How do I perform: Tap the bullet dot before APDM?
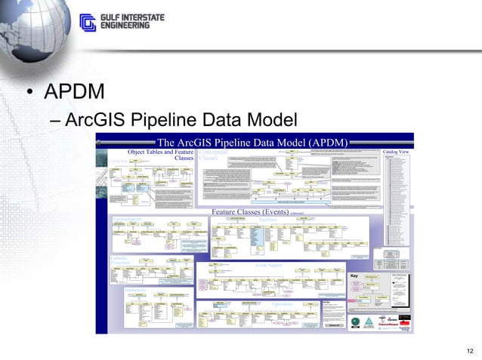(29, 94)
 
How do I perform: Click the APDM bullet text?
(74, 93)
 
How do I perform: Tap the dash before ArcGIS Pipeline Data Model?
(53, 120)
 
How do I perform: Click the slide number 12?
(471, 349)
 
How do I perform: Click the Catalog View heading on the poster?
(396, 152)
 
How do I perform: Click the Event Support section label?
(268, 266)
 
